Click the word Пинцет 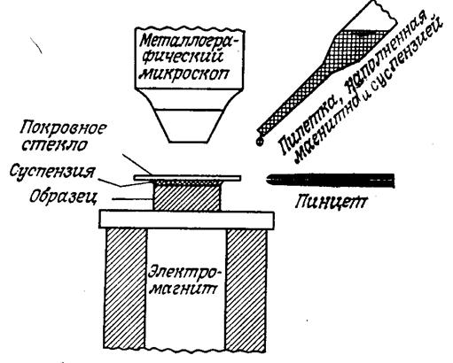tap(332, 203)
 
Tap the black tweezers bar tap(331, 181)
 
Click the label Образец tap(63, 197)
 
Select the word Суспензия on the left tap(52, 172)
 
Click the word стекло tap(55, 145)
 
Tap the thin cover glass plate tap(187, 178)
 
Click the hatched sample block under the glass tap(187, 197)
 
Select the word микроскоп tap(184, 73)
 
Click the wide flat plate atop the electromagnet tap(187, 220)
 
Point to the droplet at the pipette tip tap(260, 142)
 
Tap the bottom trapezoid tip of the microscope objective tap(189, 126)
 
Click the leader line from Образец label tap(133, 199)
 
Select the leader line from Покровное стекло tap(137, 164)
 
